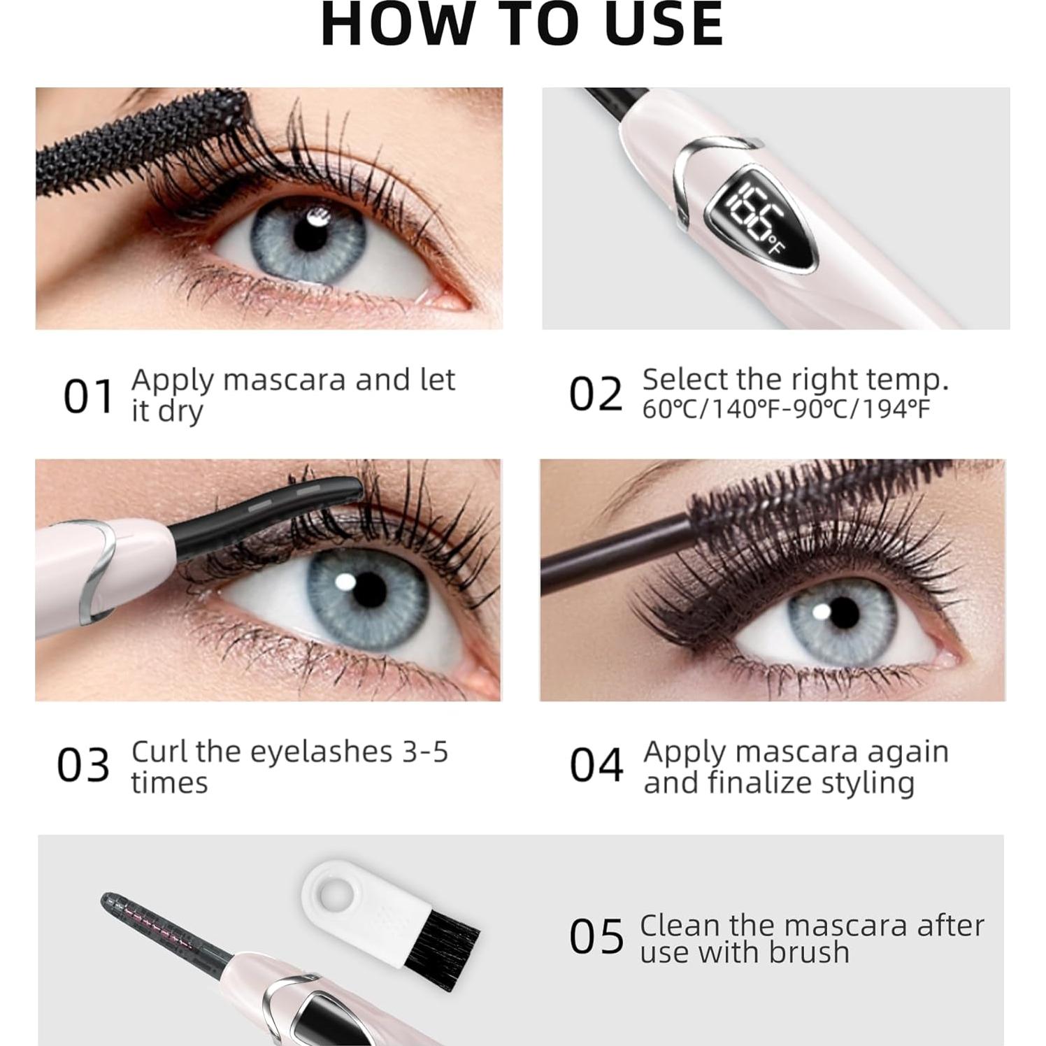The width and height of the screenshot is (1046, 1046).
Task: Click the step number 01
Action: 88,396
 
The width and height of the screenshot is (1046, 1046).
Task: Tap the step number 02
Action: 595,394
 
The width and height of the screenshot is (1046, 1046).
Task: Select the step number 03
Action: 83,765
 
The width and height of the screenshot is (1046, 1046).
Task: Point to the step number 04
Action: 596,765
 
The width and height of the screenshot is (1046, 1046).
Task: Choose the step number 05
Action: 596,937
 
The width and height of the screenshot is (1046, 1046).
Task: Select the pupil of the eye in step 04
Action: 842,618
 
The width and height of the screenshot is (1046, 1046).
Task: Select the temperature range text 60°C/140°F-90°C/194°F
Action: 786,410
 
